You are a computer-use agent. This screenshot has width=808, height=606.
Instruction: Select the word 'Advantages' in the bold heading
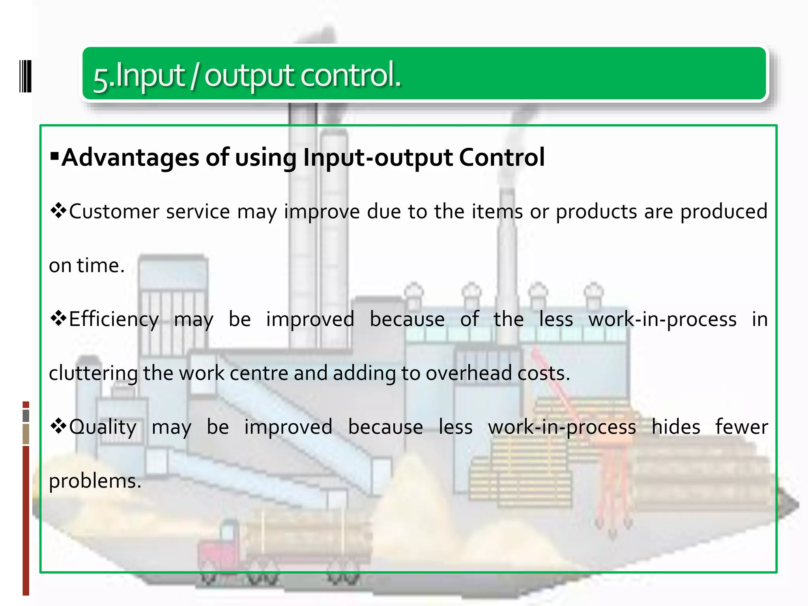pos(131,157)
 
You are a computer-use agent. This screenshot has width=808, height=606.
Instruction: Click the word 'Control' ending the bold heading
pos(501,157)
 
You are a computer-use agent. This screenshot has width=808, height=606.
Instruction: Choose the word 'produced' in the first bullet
pos(724,211)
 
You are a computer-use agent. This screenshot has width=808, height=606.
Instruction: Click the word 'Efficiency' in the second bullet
pos(114,319)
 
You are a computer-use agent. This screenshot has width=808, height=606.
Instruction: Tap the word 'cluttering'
pos(93,373)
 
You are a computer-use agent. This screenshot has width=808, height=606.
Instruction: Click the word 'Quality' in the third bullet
pos(103,427)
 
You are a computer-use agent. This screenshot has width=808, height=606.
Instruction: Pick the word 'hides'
pos(675,427)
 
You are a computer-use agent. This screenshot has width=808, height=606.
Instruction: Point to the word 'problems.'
pos(95,481)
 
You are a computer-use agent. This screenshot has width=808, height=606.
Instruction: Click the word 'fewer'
pos(741,427)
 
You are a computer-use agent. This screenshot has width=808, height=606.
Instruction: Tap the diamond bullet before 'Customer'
pos(58,211)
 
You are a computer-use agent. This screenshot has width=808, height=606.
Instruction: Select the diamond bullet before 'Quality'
pos(58,426)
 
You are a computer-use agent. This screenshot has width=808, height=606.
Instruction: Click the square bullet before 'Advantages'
pos(54,154)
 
